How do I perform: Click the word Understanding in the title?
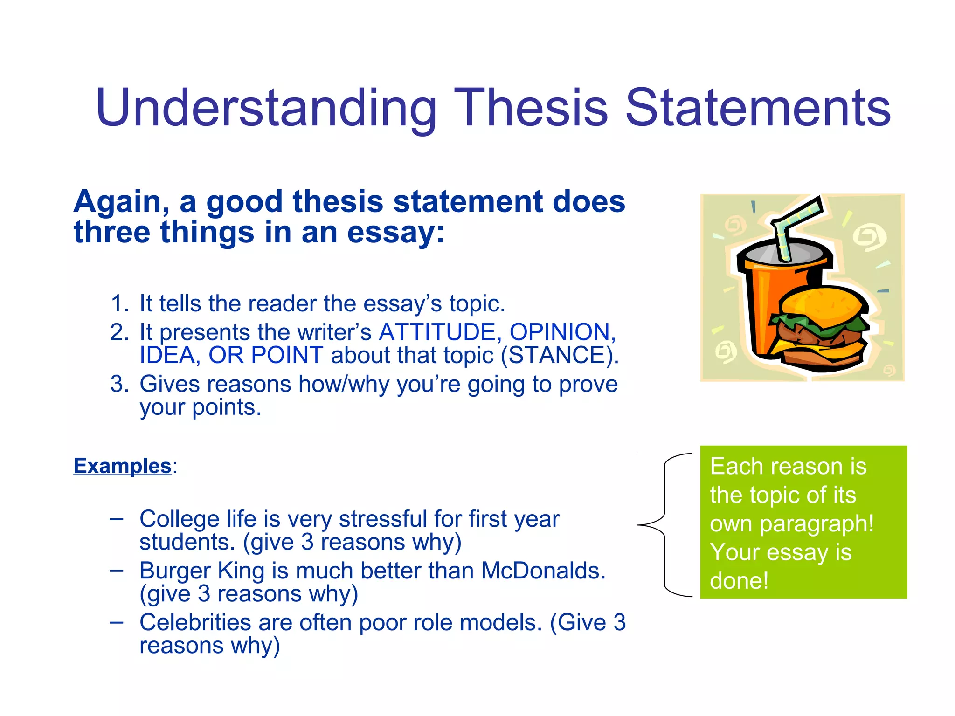pos(266,109)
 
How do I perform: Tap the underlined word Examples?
pos(123,466)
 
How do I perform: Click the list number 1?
pos(118,303)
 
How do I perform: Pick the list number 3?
pos(118,384)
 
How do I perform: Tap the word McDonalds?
pos(543,571)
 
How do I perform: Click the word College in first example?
pos(179,519)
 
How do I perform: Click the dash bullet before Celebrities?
pos(117,622)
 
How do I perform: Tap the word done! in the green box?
pos(739,581)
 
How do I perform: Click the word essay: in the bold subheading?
pos(396,233)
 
